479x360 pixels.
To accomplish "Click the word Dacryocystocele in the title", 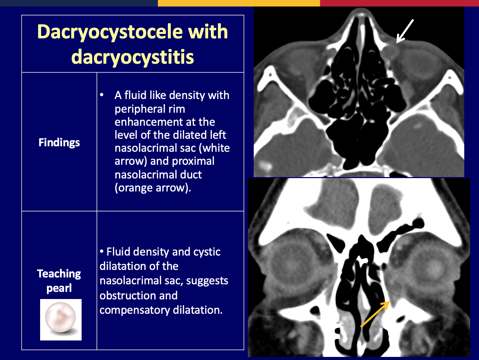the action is pos(110,33).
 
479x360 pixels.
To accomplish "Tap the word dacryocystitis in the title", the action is pos(133,57).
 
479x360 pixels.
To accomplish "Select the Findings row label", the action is pos(59,143).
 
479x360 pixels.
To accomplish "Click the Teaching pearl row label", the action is pos(59,281).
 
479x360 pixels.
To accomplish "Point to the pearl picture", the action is pos(61,320).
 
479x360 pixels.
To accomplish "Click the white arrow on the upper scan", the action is pos(405,32).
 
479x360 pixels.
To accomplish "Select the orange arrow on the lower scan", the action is pos(375,314).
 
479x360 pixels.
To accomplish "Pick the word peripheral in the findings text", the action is pos(150,109).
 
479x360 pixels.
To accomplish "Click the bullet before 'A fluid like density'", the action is pos(101,95).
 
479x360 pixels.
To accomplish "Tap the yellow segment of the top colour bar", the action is pos(239,3).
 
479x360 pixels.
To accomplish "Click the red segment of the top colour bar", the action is pos(399,3).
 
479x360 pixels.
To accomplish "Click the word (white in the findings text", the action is pos(214,148).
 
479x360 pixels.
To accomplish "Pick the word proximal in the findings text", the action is pos(193,161).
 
